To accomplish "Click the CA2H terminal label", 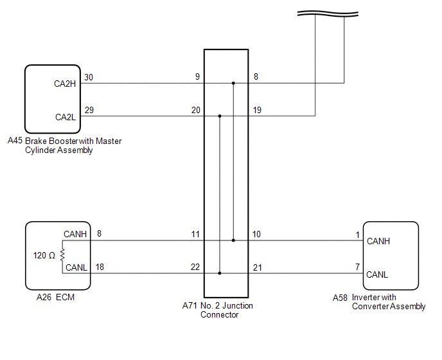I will [x=65, y=84].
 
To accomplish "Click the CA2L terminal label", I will [x=65, y=117].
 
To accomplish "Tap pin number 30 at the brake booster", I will [x=89, y=78].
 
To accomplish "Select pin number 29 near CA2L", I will [x=89, y=111].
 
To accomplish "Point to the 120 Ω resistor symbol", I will [x=62, y=255].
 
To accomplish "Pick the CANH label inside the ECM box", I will [x=75, y=235].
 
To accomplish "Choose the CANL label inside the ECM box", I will [x=75, y=268].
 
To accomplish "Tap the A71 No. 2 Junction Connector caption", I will [x=218, y=310].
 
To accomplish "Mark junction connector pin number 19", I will [x=257, y=111].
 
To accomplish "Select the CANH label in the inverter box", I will [x=378, y=242].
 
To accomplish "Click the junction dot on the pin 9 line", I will [x=233, y=83].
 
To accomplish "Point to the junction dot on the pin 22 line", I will [x=220, y=273].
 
